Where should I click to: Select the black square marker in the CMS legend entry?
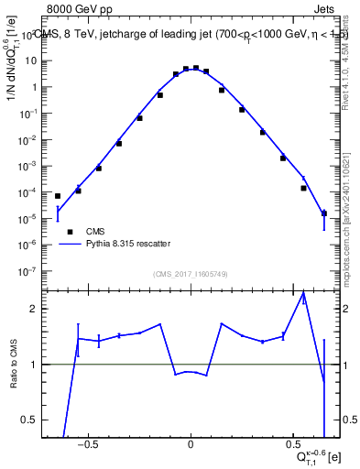(70, 232)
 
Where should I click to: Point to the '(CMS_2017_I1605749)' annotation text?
(191, 275)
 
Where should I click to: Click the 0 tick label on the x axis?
(191, 448)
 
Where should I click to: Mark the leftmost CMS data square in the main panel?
(58, 196)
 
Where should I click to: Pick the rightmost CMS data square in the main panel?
(323, 213)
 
